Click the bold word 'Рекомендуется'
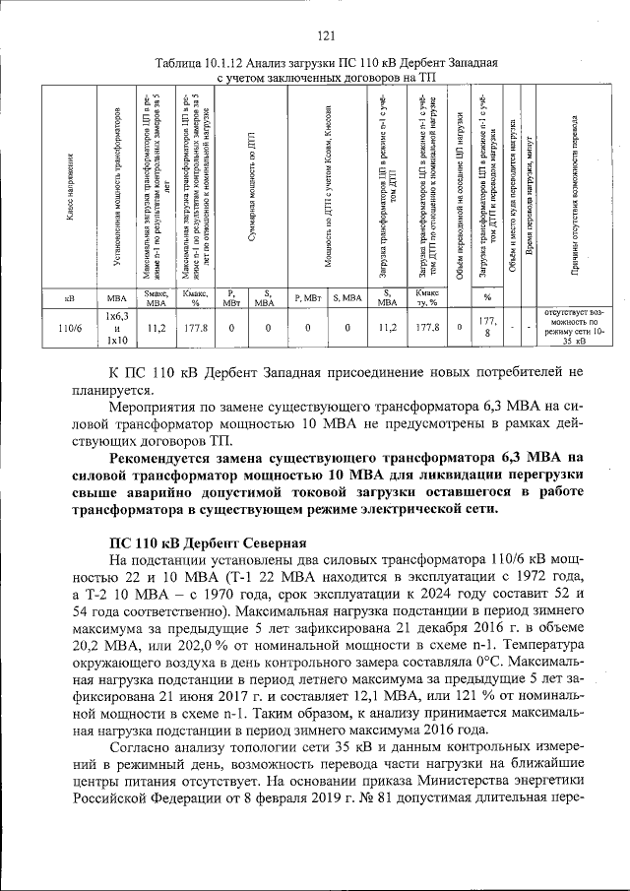tap(163, 456)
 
